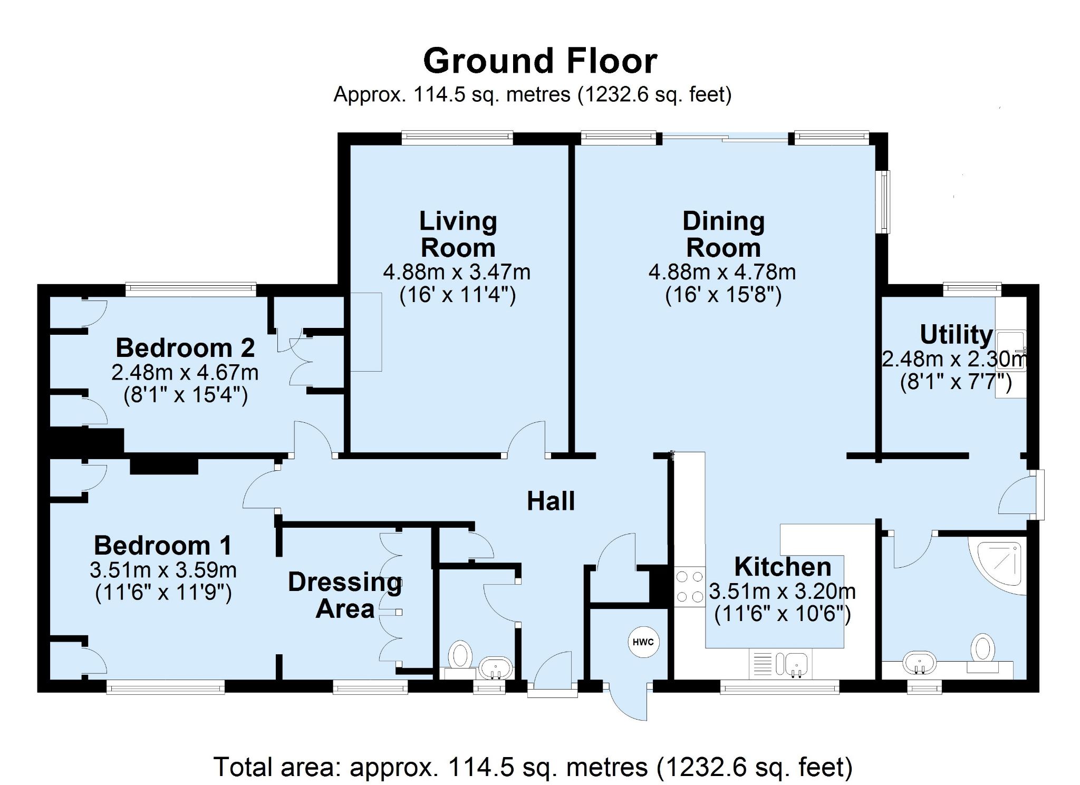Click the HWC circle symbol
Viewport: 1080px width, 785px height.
(643, 642)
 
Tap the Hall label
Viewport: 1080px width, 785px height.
(551, 501)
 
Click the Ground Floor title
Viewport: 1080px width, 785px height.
(540, 61)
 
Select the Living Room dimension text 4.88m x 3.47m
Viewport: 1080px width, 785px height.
(457, 273)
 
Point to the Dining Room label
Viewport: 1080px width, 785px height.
(723, 234)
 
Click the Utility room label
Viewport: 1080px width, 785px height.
(956, 334)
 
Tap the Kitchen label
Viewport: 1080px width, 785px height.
(783, 567)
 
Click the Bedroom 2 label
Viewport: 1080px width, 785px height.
(185, 348)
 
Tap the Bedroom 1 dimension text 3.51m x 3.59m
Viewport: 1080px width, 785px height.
(163, 570)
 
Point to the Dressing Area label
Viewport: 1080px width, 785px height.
(344, 595)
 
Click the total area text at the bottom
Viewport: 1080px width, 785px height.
(533, 767)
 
